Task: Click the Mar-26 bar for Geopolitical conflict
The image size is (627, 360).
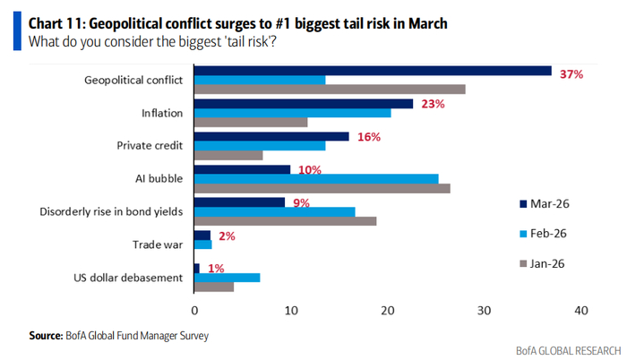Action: pyautogui.click(x=373, y=71)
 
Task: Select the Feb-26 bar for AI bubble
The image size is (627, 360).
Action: pyautogui.click(x=316, y=178)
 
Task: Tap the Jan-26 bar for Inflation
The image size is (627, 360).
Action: pyautogui.click(x=251, y=123)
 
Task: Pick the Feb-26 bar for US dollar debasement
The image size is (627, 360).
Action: pyautogui.click(x=228, y=277)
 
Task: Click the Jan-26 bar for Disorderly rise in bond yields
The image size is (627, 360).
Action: pyautogui.click(x=285, y=220)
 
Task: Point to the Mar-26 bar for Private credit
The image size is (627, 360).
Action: pyautogui.click(x=271, y=136)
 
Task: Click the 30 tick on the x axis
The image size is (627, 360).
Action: pyautogui.click(x=484, y=311)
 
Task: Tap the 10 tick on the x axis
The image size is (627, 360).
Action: pyautogui.click(x=291, y=311)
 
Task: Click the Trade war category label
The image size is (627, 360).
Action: pyautogui.click(x=159, y=244)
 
